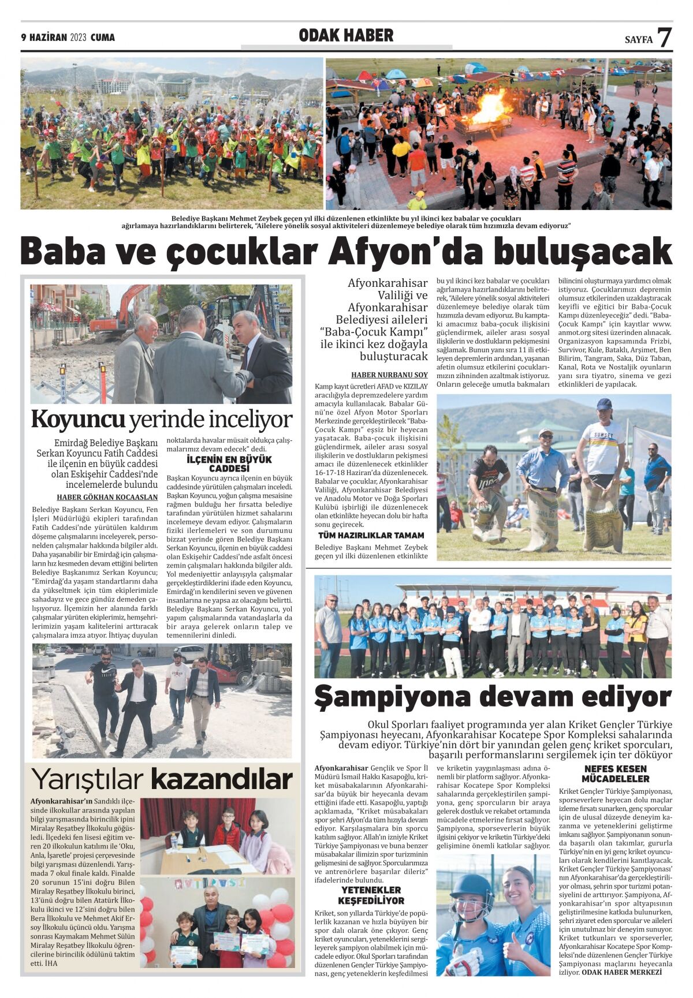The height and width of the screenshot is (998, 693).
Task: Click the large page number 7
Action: (664, 38)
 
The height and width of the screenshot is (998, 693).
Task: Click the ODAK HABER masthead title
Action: (346, 36)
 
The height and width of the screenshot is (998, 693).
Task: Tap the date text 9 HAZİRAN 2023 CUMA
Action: (68, 38)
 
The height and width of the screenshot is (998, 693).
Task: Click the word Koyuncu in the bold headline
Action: (78, 420)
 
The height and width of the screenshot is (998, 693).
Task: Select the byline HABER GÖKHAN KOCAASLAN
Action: (107, 497)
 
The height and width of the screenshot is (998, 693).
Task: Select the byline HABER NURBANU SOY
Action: (389, 375)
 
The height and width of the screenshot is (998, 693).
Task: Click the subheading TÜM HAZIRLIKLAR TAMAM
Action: (371, 536)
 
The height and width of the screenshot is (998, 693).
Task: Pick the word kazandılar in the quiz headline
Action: (222, 780)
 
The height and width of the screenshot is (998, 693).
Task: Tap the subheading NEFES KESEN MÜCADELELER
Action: (616, 773)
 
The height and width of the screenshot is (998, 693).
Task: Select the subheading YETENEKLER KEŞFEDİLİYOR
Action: (371, 895)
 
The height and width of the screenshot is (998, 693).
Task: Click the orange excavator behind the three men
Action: (115, 317)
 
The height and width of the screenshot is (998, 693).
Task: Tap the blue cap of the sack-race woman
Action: (604, 403)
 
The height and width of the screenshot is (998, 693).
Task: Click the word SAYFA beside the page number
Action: (638, 40)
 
